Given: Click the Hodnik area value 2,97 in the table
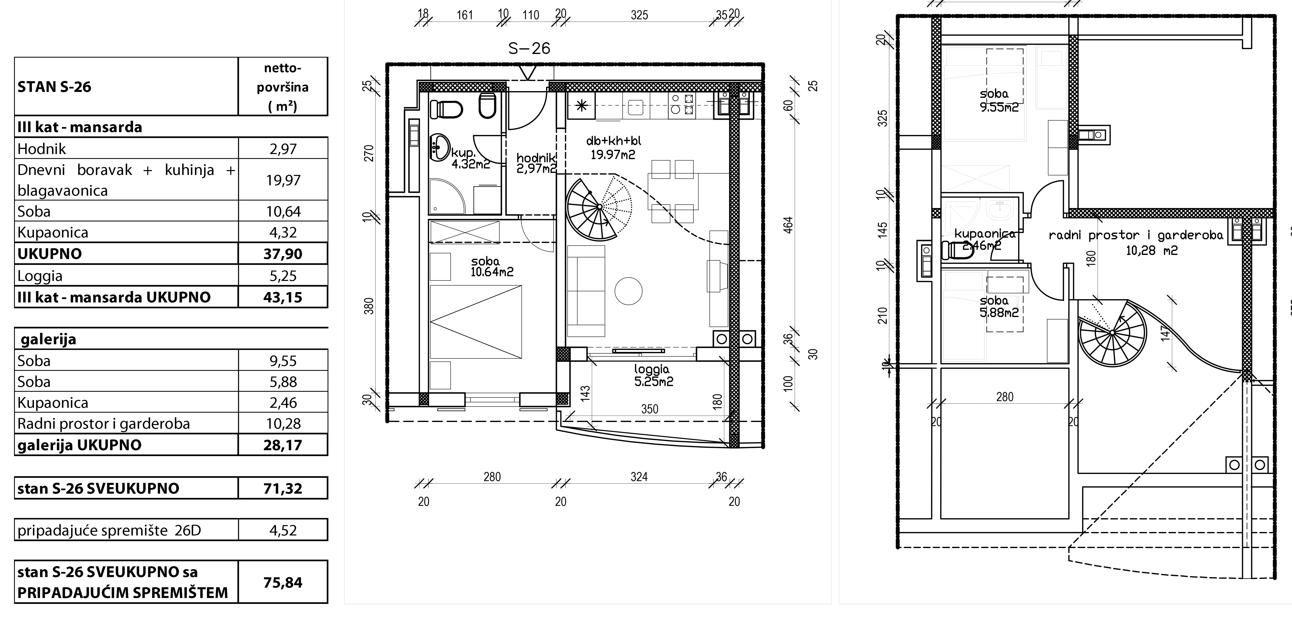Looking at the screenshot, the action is click(x=283, y=149).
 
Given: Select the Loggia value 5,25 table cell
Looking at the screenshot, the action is click(x=283, y=276).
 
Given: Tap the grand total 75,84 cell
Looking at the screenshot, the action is click(x=283, y=582).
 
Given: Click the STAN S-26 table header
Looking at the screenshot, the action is click(x=54, y=87).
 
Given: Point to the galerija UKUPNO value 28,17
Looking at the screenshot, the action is click(x=283, y=445).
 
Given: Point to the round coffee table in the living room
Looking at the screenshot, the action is click(x=628, y=291).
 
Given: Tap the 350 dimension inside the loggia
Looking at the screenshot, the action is click(x=650, y=409).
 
